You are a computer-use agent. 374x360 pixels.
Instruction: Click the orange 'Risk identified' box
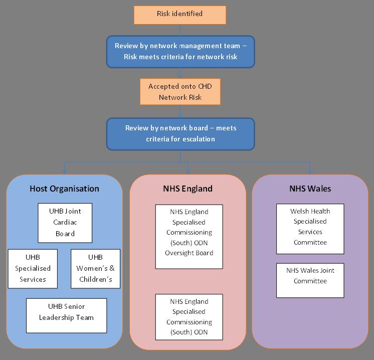pos(180,15)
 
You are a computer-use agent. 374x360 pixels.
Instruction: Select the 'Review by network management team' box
pos(180,52)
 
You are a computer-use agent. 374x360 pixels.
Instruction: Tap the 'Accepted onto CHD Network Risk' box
pos(180,92)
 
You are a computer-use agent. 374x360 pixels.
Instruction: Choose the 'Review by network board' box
pos(180,134)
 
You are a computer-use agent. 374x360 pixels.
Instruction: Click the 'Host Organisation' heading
pos(64,189)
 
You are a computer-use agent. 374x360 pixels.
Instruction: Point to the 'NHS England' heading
pos(188,189)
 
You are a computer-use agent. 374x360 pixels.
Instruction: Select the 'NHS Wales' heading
pos(310,189)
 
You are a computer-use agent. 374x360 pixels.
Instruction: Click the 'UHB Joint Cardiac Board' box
pos(65,223)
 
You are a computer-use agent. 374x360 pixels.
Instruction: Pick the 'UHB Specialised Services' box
pos(33,269)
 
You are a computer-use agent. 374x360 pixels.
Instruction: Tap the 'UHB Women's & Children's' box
pos(95,269)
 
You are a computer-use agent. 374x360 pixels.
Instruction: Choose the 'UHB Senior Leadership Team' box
pos(66,315)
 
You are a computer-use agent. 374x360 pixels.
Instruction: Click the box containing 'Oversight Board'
pos(189,237)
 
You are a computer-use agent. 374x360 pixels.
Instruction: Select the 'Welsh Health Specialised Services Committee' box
pos(310,229)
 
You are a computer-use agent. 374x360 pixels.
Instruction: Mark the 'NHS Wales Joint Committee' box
pos(310,280)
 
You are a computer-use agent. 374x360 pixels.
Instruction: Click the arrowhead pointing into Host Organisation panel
pos(64,171)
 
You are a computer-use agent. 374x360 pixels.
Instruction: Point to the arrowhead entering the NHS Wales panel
pos(310,171)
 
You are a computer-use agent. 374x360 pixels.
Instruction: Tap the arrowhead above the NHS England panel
pos(188,171)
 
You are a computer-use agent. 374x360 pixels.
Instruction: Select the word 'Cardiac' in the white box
pos(65,222)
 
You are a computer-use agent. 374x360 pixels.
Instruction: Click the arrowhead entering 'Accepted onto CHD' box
pos(180,75)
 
